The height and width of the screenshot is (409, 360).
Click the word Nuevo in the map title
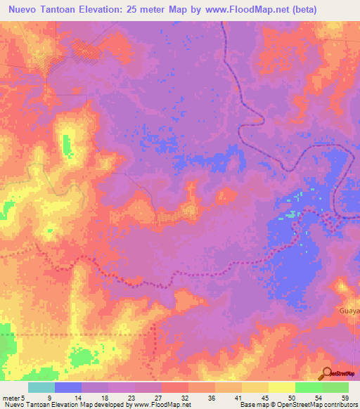pos(22,10)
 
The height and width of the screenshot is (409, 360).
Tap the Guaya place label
pos(349,310)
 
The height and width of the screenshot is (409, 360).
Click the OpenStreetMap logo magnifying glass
pos(326,374)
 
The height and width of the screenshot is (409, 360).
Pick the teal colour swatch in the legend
pos(41,387)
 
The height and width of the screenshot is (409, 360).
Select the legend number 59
pos(345,398)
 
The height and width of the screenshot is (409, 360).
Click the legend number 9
pos(49,398)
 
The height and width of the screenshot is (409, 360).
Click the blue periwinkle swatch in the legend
pos(68,387)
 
